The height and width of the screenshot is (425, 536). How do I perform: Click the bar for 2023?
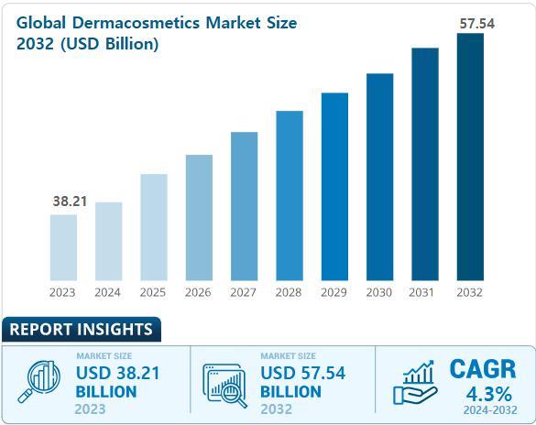pos(63,246)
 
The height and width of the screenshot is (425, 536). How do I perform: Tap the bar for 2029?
pos(334,185)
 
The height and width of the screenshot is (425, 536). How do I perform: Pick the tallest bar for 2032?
pos(470,156)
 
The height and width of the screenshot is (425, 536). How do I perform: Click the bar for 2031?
pos(425,163)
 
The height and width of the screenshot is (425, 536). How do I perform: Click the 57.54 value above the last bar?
pos(476,24)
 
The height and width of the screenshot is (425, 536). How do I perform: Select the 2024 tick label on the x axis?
pos(108,293)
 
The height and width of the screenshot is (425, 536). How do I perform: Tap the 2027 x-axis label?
pos(244,293)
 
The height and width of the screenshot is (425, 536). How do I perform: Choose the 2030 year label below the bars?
pos(379,293)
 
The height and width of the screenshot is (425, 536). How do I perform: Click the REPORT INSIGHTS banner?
pos(81,329)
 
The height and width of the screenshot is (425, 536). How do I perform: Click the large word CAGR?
pos(483,369)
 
